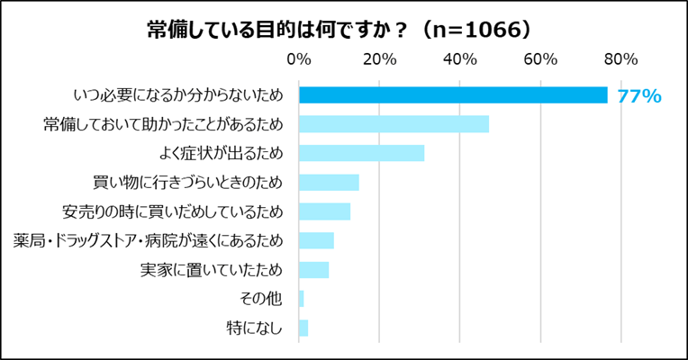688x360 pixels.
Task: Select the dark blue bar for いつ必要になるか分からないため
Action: click(453, 95)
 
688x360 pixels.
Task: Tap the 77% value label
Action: click(639, 96)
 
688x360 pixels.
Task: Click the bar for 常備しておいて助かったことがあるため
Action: click(394, 124)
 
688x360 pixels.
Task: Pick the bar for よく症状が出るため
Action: click(361, 153)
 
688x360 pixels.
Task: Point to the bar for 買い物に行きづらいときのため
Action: click(329, 183)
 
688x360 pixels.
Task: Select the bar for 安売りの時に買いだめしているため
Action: click(324, 211)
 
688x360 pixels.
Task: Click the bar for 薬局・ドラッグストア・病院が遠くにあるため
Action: click(316, 240)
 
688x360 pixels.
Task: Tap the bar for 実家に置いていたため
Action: click(313, 270)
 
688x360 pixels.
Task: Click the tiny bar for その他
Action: click(302, 299)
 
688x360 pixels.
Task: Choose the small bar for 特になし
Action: click(303, 328)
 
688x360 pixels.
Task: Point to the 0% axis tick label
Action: click(298, 60)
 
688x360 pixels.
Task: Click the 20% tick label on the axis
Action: click(379, 60)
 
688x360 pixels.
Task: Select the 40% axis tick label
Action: click(460, 60)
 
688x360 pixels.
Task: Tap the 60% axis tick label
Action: click(540, 60)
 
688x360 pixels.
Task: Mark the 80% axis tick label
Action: click(621, 60)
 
